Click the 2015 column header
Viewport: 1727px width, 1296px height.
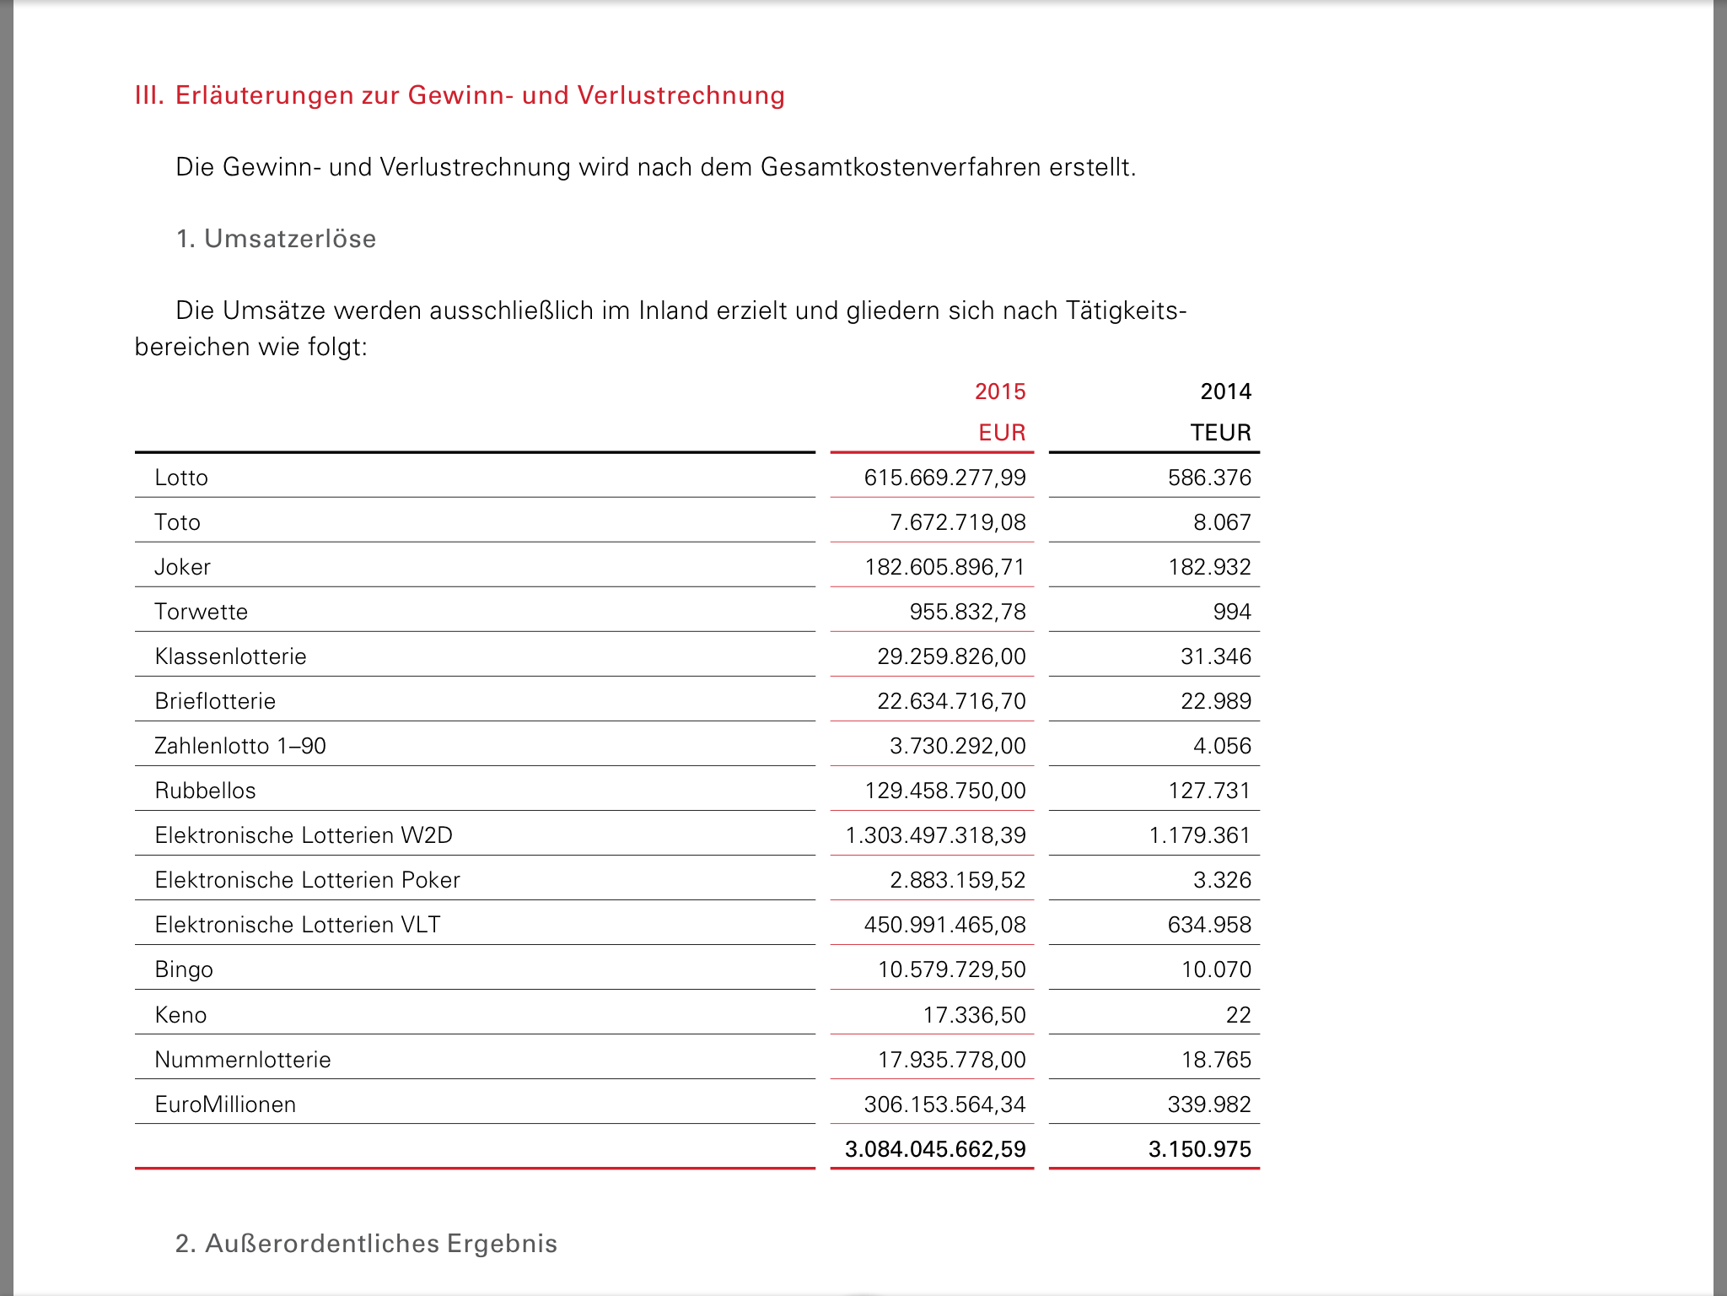point(1000,391)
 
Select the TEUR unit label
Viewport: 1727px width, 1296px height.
point(1220,433)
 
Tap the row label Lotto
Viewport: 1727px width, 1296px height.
point(181,478)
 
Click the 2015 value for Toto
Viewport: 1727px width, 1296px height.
point(958,522)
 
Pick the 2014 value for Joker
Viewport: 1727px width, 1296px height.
point(1209,567)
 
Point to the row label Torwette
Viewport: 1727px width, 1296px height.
point(201,612)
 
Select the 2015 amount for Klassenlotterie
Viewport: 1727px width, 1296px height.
point(951,656)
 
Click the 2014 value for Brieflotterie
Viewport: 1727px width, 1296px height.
point(1216,701)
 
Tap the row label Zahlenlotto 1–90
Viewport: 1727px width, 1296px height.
point(240,746)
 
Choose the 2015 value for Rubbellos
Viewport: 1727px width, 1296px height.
point(945,791)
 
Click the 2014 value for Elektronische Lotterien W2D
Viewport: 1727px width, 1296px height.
point(1199,835)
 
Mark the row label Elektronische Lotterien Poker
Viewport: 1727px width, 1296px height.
point(307,880)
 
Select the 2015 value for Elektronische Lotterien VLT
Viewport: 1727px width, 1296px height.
point(944,925)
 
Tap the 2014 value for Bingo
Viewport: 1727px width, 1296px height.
point(1216,969)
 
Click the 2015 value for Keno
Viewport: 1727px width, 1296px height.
point(974,1015)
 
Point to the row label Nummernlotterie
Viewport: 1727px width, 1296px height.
point(243,1060)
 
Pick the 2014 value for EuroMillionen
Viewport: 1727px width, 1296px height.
point(1209,1104)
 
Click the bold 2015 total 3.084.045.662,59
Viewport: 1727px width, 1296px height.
point(935,1149)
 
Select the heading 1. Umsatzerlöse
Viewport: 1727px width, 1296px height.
point(276,239)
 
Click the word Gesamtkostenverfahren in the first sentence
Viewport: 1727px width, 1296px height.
point(901,167)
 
